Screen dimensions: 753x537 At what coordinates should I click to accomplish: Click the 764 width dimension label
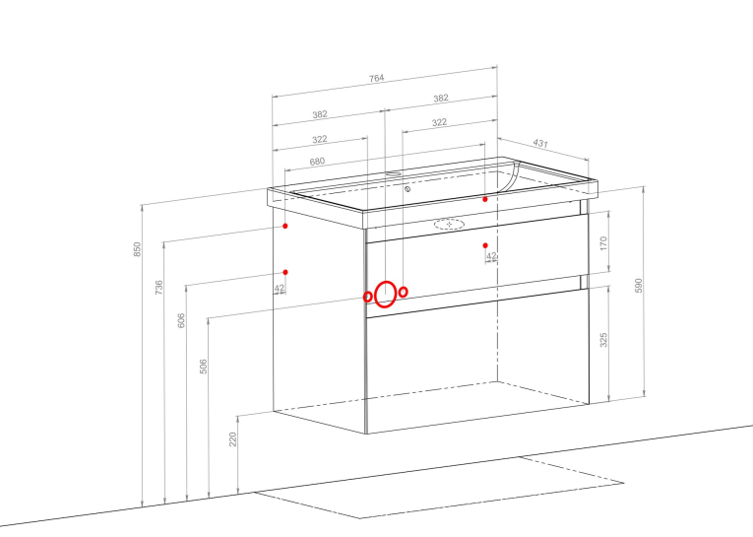[x=376, y=78]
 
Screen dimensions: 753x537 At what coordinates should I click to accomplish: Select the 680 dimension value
[x=317, y=162]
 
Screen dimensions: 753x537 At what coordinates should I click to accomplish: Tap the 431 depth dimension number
[x=540, y=143]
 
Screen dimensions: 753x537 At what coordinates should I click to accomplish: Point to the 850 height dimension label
[x=138, y=249]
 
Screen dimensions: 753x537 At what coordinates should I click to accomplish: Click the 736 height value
[x=158, y=288]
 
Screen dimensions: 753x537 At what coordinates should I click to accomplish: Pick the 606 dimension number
[x=181, y=320]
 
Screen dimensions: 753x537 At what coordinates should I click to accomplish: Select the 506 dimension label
[x=203, y=367]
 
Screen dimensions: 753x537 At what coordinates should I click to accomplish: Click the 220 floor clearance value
[x=233, y=439]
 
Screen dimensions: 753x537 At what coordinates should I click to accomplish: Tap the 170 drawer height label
[x=603, y=243]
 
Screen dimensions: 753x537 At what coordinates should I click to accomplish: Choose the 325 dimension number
[x=603, y=340]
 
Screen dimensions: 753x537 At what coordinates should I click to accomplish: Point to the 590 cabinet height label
[x=638, y=286]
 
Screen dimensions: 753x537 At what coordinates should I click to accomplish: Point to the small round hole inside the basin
[x=408, y=189]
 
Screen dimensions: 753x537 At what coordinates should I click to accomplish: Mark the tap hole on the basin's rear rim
[x=394, y=172]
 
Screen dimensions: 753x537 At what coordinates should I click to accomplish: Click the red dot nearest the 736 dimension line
[x=285, y=226]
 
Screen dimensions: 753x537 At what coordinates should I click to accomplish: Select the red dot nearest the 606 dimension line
[x=285, y=273]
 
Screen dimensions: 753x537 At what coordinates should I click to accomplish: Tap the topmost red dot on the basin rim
[x=485, y=199]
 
